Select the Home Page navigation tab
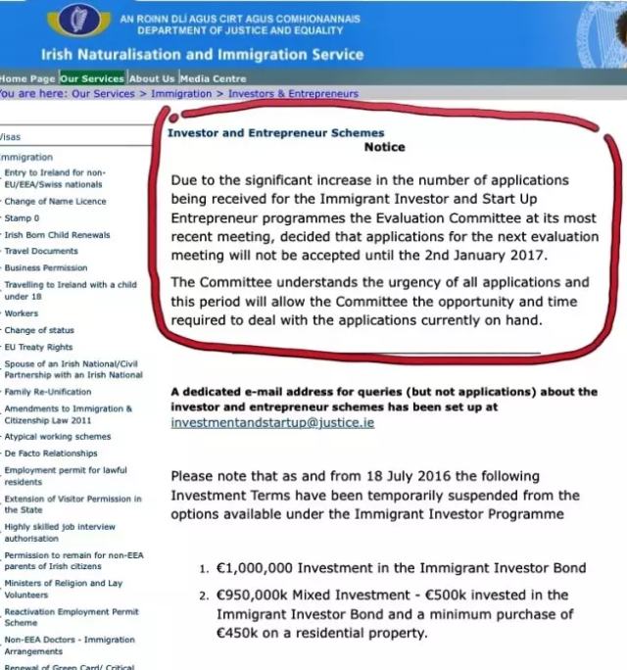(27, 78)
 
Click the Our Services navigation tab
(91, 78)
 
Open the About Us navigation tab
(152, 78)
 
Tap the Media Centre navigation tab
(213, 78)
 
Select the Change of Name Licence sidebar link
(55, 201)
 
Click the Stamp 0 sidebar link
(22, 217)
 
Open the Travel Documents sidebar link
(41, 251)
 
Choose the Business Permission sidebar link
(46, 267)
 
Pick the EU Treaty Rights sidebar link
(38, 347)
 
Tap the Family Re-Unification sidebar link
(48, 392)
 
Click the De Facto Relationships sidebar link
(51, 454)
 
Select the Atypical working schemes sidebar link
(58, 437)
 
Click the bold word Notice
(384, 148)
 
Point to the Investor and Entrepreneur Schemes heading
(275, 133)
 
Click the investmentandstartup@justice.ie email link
(271, 422)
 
